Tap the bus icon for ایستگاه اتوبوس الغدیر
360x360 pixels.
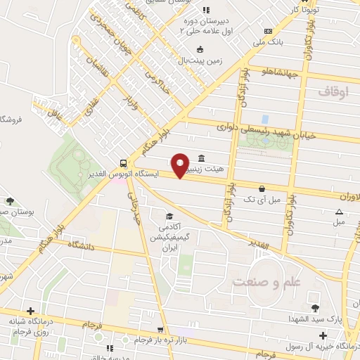coord(124,160)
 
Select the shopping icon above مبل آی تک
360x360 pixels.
coord(262,188)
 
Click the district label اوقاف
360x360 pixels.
coord(333,91)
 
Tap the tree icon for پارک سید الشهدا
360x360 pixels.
coord(314,307)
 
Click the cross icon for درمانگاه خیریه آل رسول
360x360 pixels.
coord(322,335)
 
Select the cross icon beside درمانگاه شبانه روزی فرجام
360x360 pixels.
coord(30,311)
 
